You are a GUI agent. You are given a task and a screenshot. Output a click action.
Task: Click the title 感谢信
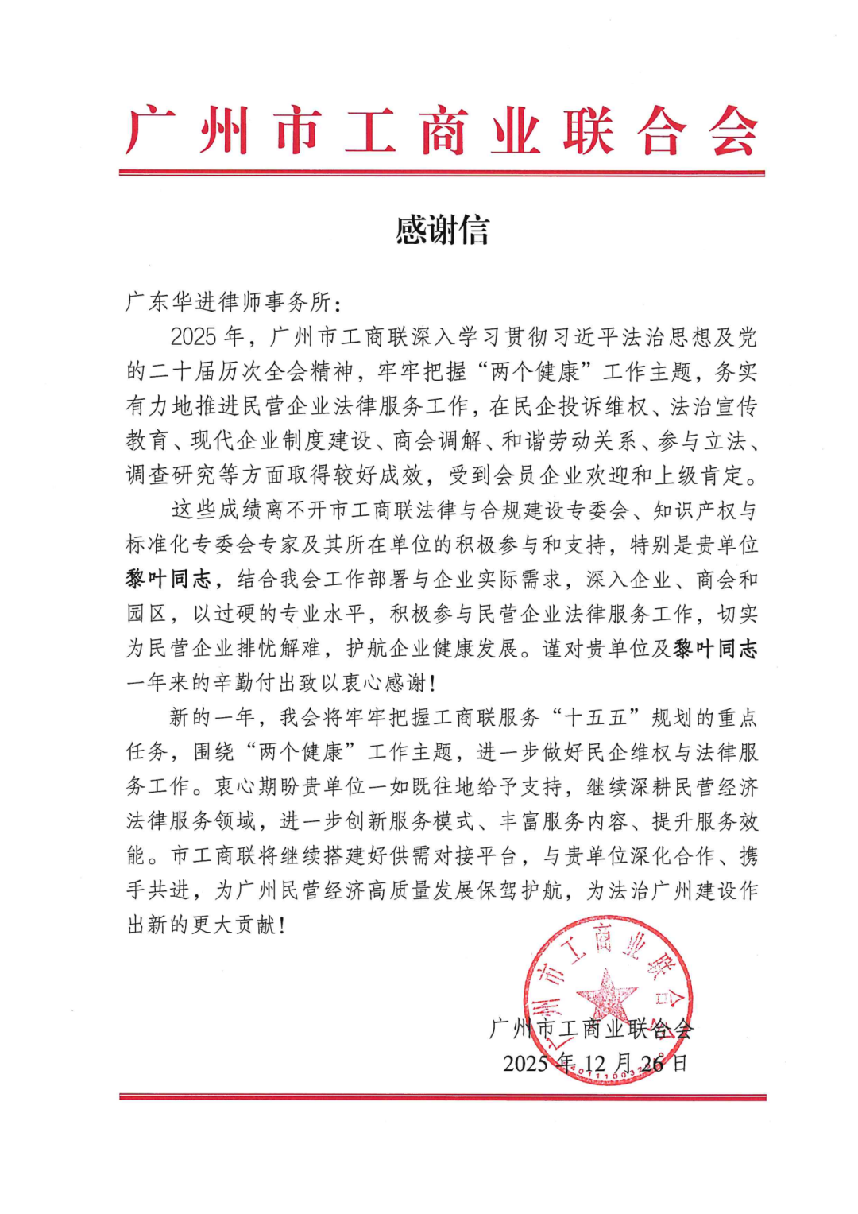[x=442, y=231]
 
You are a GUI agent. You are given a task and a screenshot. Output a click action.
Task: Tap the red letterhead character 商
[x=443, y=132]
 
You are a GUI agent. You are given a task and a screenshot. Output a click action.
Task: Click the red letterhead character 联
[x=588, y=132]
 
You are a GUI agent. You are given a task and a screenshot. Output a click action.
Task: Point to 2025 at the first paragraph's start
[x=193, y=337]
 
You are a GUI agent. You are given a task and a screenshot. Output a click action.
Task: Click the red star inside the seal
[x=607, y=995]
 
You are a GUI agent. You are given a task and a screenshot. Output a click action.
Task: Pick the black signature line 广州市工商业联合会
[x=591, y=1029]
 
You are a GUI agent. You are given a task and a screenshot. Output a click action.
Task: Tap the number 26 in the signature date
[x=651, y=1063]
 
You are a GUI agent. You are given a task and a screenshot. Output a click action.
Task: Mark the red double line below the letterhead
[x=442, y=173]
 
